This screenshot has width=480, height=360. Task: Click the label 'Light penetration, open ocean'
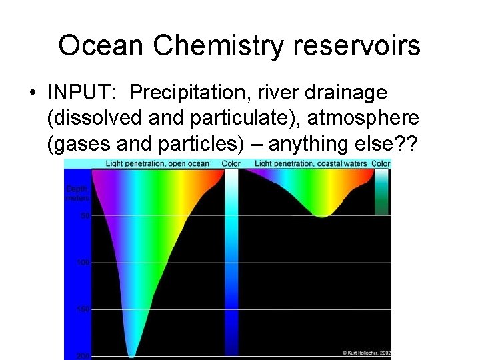click(x=157, y=164)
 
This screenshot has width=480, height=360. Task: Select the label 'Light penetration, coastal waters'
click(x=311, y=164)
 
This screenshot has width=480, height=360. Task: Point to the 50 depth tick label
click(x=85, y=215)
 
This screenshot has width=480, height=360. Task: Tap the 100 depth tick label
click(x=83, y=263)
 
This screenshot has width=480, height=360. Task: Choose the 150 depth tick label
click(x=83, y=309)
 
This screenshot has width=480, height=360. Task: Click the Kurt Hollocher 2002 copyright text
click(x=367, y=352)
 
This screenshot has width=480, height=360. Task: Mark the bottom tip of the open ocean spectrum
click(x=131, y=356)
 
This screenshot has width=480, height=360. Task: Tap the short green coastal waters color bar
click(x=381, y=191)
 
